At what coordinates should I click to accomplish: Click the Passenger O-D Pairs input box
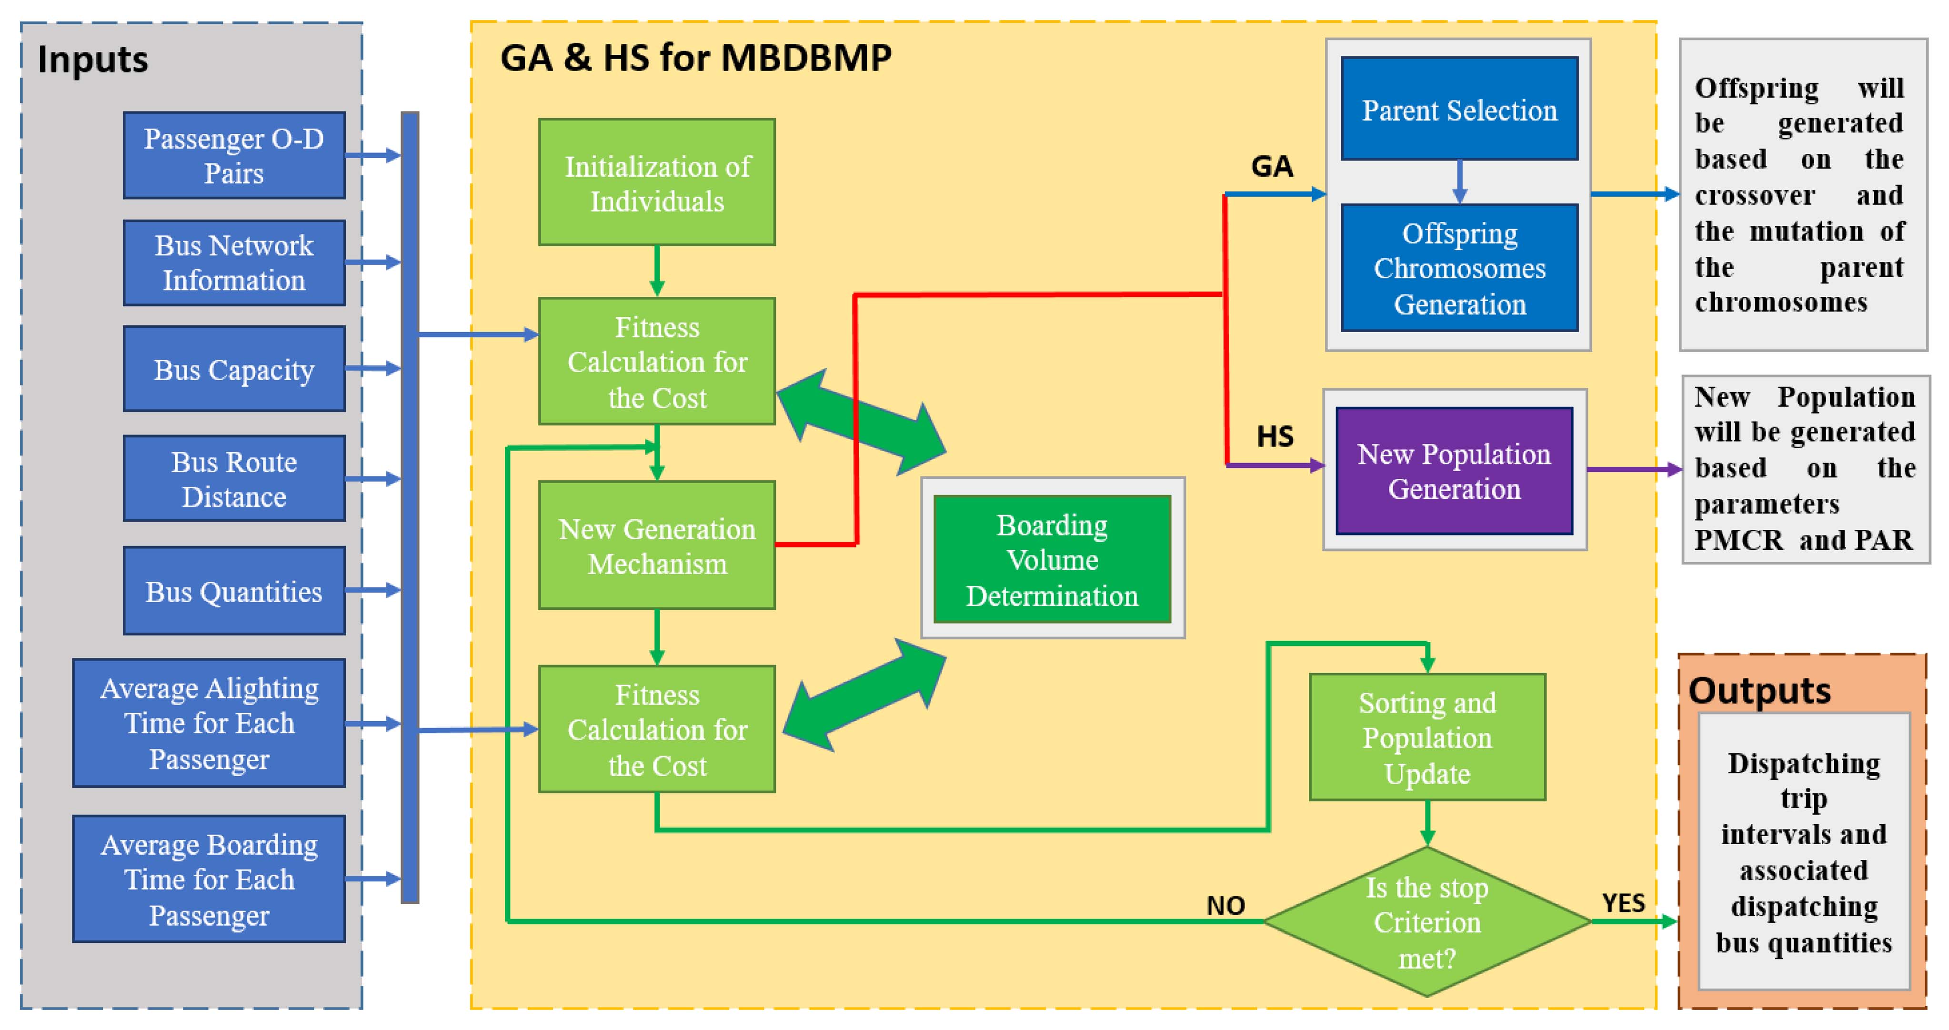234,156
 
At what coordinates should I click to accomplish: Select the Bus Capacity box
234,369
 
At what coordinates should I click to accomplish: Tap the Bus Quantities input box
234,591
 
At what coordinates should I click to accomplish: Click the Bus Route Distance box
234,478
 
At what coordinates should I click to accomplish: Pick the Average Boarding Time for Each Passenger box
209,879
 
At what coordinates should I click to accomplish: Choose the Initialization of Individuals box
657,182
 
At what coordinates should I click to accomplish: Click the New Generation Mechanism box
657,545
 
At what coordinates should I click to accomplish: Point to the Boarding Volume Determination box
1052,559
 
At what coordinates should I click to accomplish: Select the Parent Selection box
1459,109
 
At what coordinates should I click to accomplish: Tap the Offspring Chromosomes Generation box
1459,268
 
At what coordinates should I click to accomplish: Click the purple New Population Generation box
1454,471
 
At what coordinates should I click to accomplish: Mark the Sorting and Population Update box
1427,737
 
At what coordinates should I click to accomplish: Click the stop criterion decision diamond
1427,922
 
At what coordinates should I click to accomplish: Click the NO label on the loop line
1225,905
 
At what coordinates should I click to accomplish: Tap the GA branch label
1272,166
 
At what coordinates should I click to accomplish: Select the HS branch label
1275,437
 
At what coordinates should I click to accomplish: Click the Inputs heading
92,60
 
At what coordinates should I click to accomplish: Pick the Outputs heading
1759,690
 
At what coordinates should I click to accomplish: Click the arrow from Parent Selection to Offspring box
1459,182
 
